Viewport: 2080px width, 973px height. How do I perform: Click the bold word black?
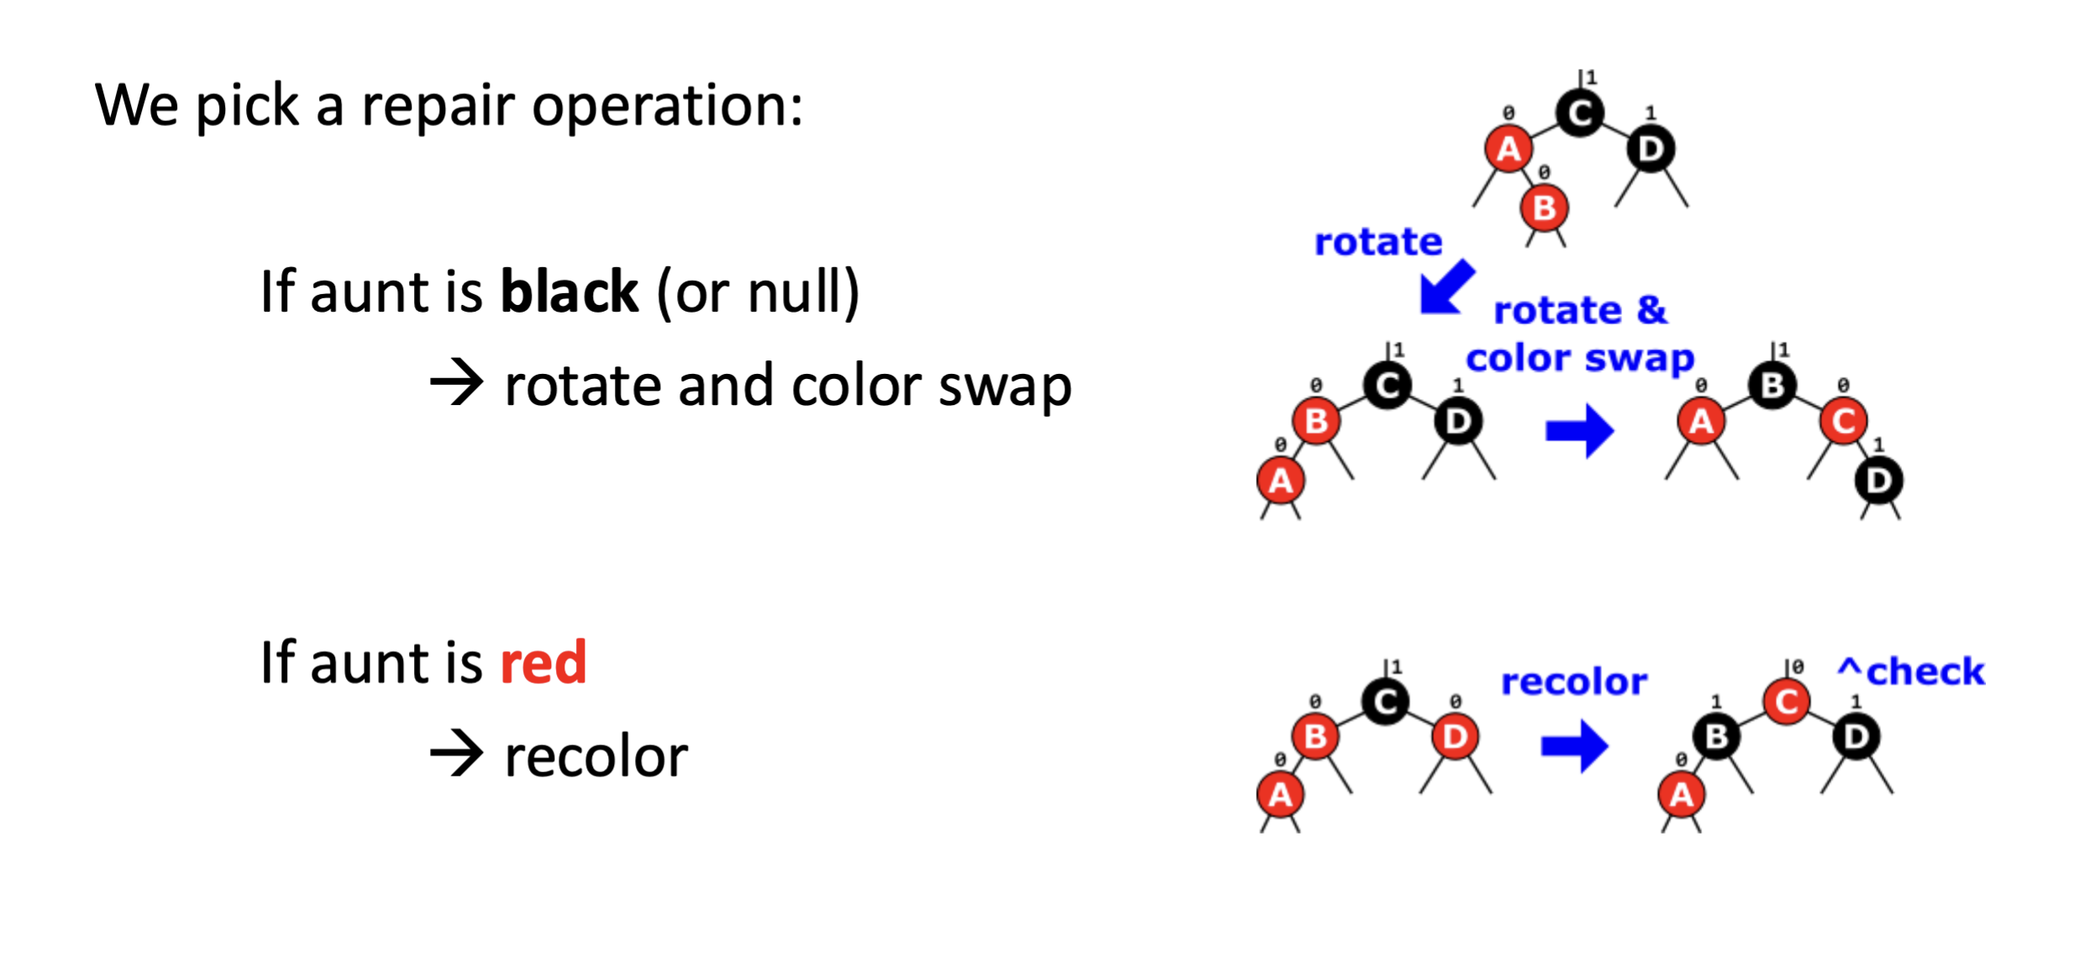569,292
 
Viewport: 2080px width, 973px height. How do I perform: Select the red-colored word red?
543,662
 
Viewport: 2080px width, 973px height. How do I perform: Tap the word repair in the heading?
437,108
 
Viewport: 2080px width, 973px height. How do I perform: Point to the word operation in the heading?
667,108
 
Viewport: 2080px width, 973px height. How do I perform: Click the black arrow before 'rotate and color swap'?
456,383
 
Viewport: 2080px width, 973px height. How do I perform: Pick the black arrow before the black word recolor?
456,753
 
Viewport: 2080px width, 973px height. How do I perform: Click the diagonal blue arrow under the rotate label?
1446,288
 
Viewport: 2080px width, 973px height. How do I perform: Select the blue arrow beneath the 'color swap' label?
1579,430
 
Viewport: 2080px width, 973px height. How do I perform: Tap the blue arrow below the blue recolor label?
1574,745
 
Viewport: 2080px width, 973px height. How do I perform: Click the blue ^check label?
1911,671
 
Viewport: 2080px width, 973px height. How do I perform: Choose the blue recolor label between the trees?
1573,681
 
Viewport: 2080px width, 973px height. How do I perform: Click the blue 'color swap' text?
1579,359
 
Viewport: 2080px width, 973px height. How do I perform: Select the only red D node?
1455,737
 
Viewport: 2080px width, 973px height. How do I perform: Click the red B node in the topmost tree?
1544,208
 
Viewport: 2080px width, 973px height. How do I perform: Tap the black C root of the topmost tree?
1579,113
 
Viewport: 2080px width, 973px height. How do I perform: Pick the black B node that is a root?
1772,386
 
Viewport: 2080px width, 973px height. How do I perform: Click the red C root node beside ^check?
1786,702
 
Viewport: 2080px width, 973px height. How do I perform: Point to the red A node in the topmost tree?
1509,150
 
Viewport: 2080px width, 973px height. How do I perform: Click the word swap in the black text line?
1005,387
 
